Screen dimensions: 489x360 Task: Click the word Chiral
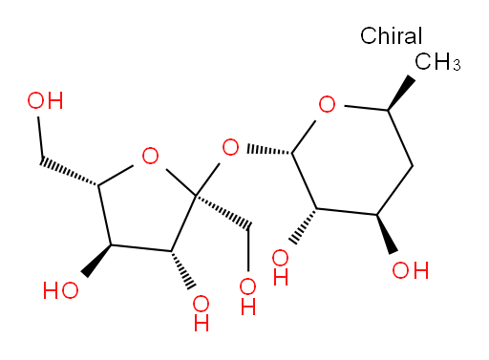coord(391,35)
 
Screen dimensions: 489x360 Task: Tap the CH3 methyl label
coord(437,61)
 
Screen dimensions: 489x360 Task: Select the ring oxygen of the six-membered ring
coord(327,104)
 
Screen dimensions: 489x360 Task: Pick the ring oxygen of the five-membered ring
coord(150,156)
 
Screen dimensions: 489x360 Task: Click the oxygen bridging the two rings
coord(230,147)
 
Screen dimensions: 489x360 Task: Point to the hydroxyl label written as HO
coord(60,290)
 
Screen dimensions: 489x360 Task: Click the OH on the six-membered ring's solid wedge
coord(411,270)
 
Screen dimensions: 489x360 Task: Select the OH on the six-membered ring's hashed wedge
coord(281,267)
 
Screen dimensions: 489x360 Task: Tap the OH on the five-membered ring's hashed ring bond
coord(202,313)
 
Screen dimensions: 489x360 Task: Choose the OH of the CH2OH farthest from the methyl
coord(45,100)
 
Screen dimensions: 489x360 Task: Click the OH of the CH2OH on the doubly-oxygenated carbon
coord(248,296)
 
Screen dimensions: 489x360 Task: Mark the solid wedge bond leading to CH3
coord(400,93)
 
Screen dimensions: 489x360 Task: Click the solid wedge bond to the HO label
coord(97,261)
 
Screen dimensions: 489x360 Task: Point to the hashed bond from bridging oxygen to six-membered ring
coord(269,150)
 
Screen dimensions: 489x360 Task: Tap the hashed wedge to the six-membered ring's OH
coord(304,226)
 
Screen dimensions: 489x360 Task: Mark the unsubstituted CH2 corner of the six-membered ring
coord(413,166)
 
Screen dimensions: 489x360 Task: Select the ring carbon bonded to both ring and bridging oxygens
coord(196,195)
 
